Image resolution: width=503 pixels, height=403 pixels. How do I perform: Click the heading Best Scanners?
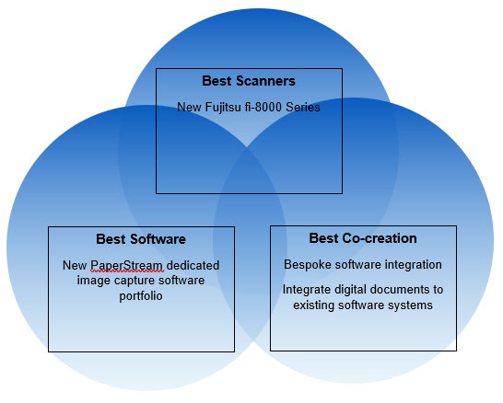point(249,81)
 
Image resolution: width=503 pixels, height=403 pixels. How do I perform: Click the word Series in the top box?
point(303,107)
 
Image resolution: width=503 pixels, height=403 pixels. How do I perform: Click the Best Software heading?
point(141,239)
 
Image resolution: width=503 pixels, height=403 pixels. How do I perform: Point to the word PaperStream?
point(127,266)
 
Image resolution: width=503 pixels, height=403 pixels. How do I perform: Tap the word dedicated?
point(193,265)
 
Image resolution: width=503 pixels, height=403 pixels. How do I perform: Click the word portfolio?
point(141,296)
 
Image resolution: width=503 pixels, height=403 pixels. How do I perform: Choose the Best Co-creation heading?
point(363,238)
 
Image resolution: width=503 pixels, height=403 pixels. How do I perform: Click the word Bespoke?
point(308,265)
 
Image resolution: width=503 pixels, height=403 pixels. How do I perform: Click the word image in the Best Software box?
point(93,281)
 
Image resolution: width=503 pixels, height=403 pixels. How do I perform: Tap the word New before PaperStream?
point(75,265)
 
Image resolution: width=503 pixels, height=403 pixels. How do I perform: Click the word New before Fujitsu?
point(189,107)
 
